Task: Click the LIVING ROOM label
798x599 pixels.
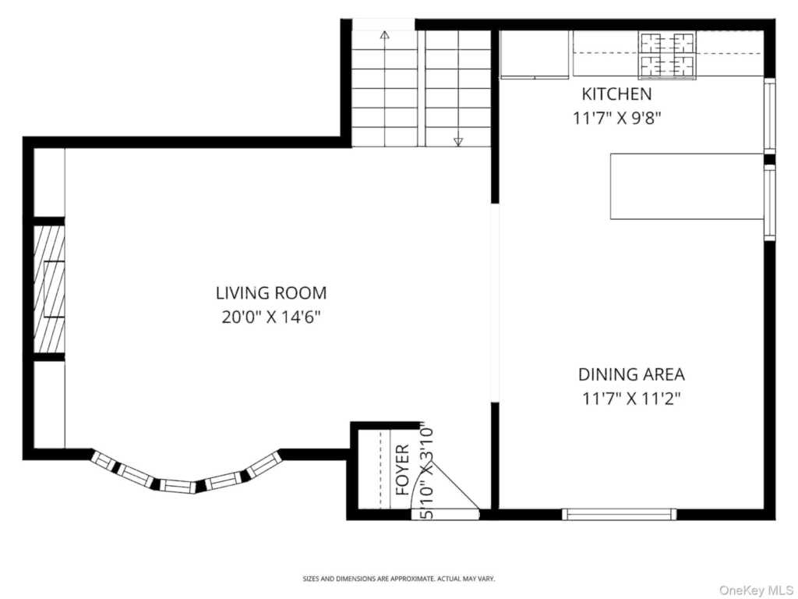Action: (271, 293)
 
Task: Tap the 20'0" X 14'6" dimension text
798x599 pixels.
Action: (271, 317)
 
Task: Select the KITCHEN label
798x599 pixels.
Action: (616, 94)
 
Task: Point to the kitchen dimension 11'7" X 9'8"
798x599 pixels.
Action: (616, 118)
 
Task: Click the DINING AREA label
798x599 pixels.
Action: (631, 374)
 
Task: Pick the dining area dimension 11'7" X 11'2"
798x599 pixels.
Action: (631, 398)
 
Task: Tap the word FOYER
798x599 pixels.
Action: (403, 470)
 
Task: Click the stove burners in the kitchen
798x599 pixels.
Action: (668, 55)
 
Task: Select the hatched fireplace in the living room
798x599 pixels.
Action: (49, 289)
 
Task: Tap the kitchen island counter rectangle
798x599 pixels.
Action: (687, 186)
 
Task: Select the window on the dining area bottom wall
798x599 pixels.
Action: (619, 514)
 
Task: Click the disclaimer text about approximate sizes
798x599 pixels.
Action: (399, 579)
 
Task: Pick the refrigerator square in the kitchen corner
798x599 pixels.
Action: (535, 55)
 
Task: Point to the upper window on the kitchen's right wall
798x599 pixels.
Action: (770, 115)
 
